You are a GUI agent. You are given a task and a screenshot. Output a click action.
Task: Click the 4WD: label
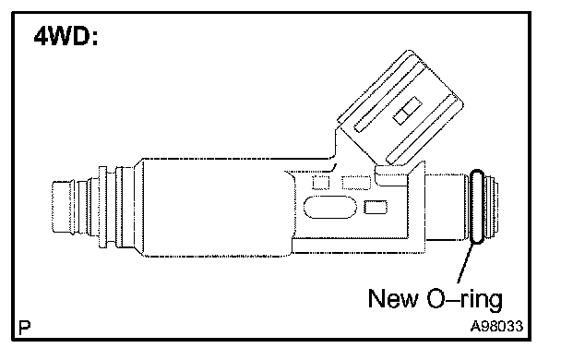pyautogui.click(x=66, y=37)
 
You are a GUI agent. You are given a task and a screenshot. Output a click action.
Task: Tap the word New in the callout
pyautogui.click(x=393, y=298)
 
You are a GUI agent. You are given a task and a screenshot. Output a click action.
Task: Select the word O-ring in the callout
pyautogui.click(x=465, y=300)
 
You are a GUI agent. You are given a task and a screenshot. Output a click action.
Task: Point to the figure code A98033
pyautogui.click(x=496, y=326)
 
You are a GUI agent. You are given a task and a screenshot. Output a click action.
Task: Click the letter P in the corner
pyautogui.click(x=24, y=327)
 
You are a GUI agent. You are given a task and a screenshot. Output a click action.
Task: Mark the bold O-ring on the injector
pyautogui.click(x=477, y=207)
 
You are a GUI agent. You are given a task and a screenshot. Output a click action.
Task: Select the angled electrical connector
pyautogui.click(x=400, y=108)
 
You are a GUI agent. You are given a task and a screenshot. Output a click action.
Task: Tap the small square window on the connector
pyautogui.click(x=408, y=111)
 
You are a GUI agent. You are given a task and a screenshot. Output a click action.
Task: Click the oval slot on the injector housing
pyautogui.click(x=330, y=207)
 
